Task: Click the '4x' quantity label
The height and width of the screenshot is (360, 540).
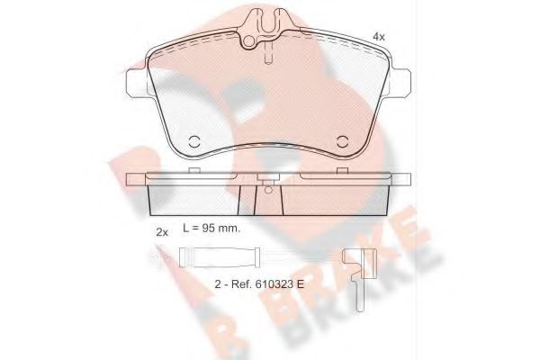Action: (x=379, y=36)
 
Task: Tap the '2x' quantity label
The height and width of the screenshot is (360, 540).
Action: (x=162, y=231)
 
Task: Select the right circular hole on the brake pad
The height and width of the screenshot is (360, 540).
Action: (x=343, y=140)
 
